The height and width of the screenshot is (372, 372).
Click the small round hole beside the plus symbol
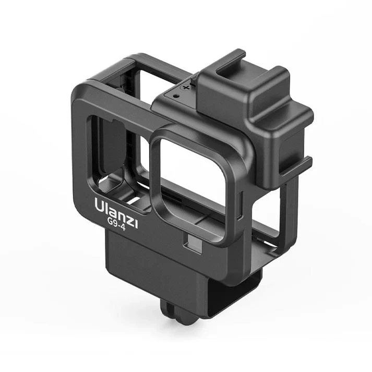[177, 97]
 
